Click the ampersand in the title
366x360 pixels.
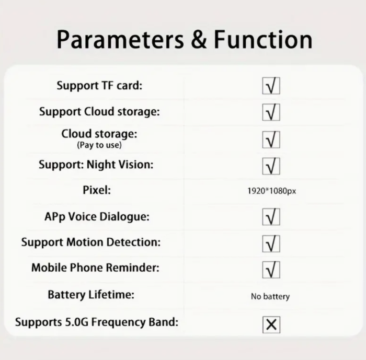pyautogui.click(x=199, y=40)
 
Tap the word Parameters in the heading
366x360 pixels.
pyautogui.click(x=120, y=40)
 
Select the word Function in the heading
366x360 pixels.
pyautogui.click(x=263, y=40)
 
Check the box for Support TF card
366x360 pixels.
pyautogui.click(x=271, y=86)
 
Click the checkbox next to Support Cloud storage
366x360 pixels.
pyautogui.click(x=271, y=112)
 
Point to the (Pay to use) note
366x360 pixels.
pyautogui.click(x=99, y=145)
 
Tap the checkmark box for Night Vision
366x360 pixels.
pyautogui.click(x=271, y=166)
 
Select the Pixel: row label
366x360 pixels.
pyautogui.click(x=97, y=190)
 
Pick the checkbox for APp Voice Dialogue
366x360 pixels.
pyautogui.click(x=271, y=217)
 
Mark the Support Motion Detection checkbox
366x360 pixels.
pyautogui.click(x=271, y=244)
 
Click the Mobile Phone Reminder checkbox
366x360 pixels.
pyautogui.click(x=271, y=270)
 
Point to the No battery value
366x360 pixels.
pyautogui.click(x=270, y=296)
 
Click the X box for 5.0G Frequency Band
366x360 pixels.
pyautogui.click(x=271, y=324)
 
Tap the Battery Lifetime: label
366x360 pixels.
pyautogui.click(x=91, y=295)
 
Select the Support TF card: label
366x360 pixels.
pyautogui.click(x=99, y=85)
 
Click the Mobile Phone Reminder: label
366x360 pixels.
pyautogui.click(x=95, y=268)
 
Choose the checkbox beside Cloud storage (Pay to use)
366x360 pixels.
pyautogui.click(x=271, y=140)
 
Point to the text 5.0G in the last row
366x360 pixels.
pyautogui.click(x=76, y=322)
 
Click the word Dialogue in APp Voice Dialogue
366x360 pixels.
pyautogui.click(x=124, y=217)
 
